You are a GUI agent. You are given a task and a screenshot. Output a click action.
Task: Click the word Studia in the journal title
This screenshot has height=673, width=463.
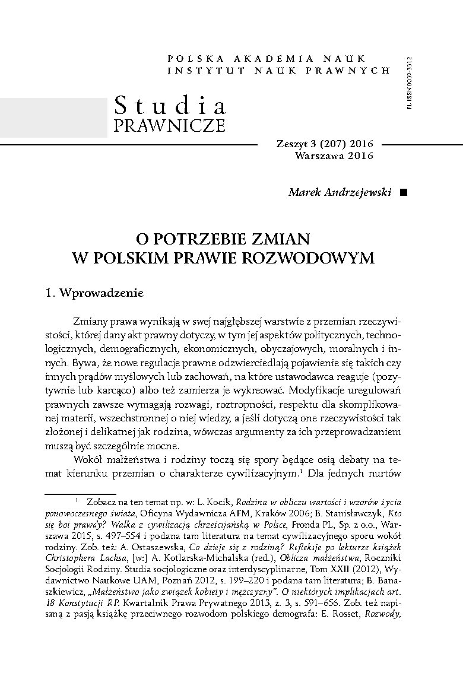[x=170, y=106]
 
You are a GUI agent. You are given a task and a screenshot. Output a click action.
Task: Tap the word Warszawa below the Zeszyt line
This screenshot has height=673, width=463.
[x=320, y=156]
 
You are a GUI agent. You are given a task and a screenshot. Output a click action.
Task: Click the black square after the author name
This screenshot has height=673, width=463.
[x=404, y=192]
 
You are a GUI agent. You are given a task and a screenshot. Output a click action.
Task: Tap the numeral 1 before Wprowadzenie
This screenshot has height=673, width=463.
[x=49, y=293]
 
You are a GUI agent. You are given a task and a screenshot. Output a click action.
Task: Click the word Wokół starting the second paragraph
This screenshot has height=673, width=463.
[x=91, y=461]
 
